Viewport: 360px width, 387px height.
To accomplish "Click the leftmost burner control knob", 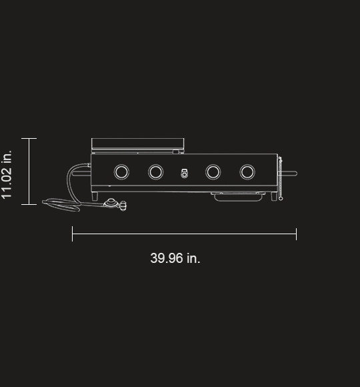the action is coord(121,171).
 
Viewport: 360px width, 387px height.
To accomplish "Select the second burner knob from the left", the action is coord(155,171).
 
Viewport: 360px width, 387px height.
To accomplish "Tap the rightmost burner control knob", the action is coord(247,171).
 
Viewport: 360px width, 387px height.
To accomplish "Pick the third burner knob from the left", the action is coord(213,171).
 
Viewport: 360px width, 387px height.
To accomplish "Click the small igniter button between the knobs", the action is coord(184,173).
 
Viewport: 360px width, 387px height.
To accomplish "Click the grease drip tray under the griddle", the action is coord(238,196).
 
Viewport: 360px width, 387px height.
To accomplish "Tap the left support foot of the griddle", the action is coord(95,196).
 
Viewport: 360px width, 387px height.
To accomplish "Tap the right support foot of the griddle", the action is coord(274,196).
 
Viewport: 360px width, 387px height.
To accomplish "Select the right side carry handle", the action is coord(288,173).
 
